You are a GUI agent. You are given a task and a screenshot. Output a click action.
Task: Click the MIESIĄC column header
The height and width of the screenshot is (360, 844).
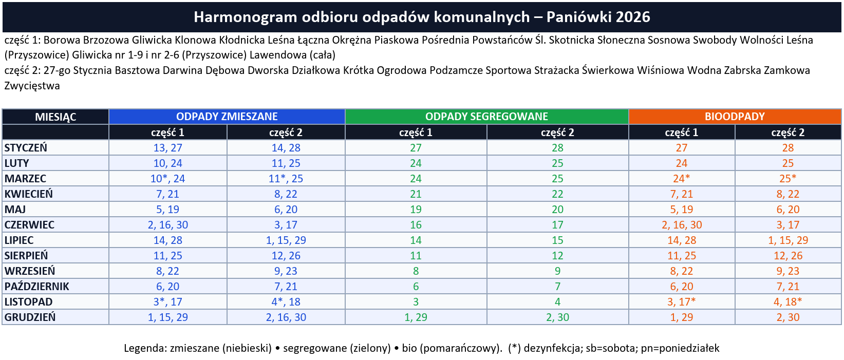(x=55, y=117)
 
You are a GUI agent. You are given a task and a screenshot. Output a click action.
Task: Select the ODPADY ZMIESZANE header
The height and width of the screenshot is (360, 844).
(x=227, y=117)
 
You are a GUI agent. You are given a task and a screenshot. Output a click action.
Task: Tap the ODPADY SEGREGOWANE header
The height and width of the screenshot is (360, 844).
(x=486, y=117)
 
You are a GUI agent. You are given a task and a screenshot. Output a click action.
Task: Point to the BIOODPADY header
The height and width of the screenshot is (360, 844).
(x=735, y=117)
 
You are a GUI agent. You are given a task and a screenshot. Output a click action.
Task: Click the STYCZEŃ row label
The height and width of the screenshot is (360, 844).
(x=26, y=148)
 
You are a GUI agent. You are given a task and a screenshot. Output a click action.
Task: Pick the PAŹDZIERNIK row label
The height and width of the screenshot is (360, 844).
(x=36, y=287)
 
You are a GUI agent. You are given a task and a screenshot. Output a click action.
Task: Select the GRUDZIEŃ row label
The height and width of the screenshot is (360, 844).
(x=30, y=317)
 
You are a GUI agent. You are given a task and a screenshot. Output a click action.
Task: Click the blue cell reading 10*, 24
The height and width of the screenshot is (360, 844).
(x=167, y=179)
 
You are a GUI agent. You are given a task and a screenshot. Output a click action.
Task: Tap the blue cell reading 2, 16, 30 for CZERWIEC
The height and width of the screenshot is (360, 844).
(x=167, y=225)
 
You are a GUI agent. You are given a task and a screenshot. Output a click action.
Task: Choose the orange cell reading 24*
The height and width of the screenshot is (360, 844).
(x=681, y=179)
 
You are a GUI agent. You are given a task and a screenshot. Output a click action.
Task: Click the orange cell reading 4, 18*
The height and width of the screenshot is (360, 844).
(x=787, y=302)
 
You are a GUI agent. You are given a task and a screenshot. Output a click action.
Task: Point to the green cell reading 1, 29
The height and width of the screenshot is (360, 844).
(x=416, y=317)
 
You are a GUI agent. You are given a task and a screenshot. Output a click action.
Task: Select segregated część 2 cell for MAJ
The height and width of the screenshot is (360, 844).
(x=557, y=210)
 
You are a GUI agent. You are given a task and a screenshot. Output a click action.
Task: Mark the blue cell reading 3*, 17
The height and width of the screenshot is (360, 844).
(x=167, y=302)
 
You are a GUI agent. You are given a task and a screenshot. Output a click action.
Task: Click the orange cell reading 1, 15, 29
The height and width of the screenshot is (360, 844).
(x=787, y=240)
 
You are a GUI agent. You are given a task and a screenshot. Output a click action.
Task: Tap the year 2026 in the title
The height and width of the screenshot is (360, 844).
(x=633, y=17)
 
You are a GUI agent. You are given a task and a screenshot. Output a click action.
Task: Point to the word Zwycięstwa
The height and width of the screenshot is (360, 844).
(x=32, y=86)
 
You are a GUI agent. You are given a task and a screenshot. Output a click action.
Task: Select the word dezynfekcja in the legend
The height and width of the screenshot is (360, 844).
(x=550, y=348)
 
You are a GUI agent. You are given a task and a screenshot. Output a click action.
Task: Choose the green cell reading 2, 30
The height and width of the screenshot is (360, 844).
(x=557, y=317)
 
